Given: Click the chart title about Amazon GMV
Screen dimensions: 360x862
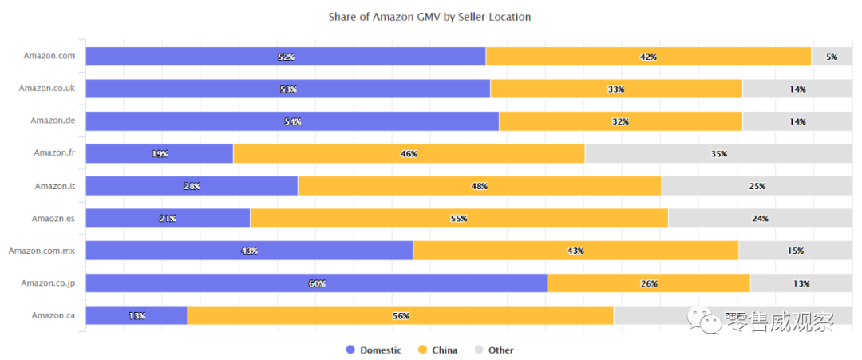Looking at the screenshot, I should [429, 17].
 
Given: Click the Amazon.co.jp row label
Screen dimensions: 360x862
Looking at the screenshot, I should [48, 283].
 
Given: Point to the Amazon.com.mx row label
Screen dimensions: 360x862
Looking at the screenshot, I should [42, 251].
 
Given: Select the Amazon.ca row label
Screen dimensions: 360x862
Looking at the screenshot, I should [53, 315].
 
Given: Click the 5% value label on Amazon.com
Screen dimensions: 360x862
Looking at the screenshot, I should [832, 57].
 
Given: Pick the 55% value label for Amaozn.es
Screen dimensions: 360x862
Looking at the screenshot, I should [458, 219].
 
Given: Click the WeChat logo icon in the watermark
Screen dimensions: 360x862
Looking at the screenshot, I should [707, 321].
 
